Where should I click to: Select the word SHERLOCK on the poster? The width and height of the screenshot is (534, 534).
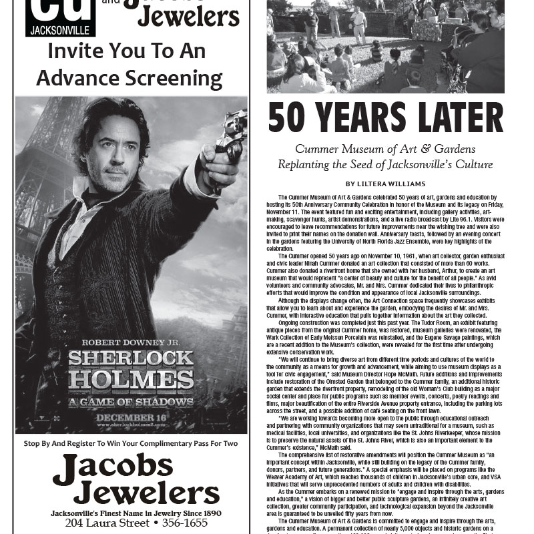(131, 358)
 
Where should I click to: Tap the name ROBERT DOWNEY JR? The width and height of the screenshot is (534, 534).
(131, 338)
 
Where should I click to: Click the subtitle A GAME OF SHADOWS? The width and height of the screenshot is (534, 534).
(131, 402)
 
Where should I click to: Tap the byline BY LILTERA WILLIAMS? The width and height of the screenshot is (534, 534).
(386, 184)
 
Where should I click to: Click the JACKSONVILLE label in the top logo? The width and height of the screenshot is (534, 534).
(61, 30)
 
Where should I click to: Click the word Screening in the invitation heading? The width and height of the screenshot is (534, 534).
(174, 78)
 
